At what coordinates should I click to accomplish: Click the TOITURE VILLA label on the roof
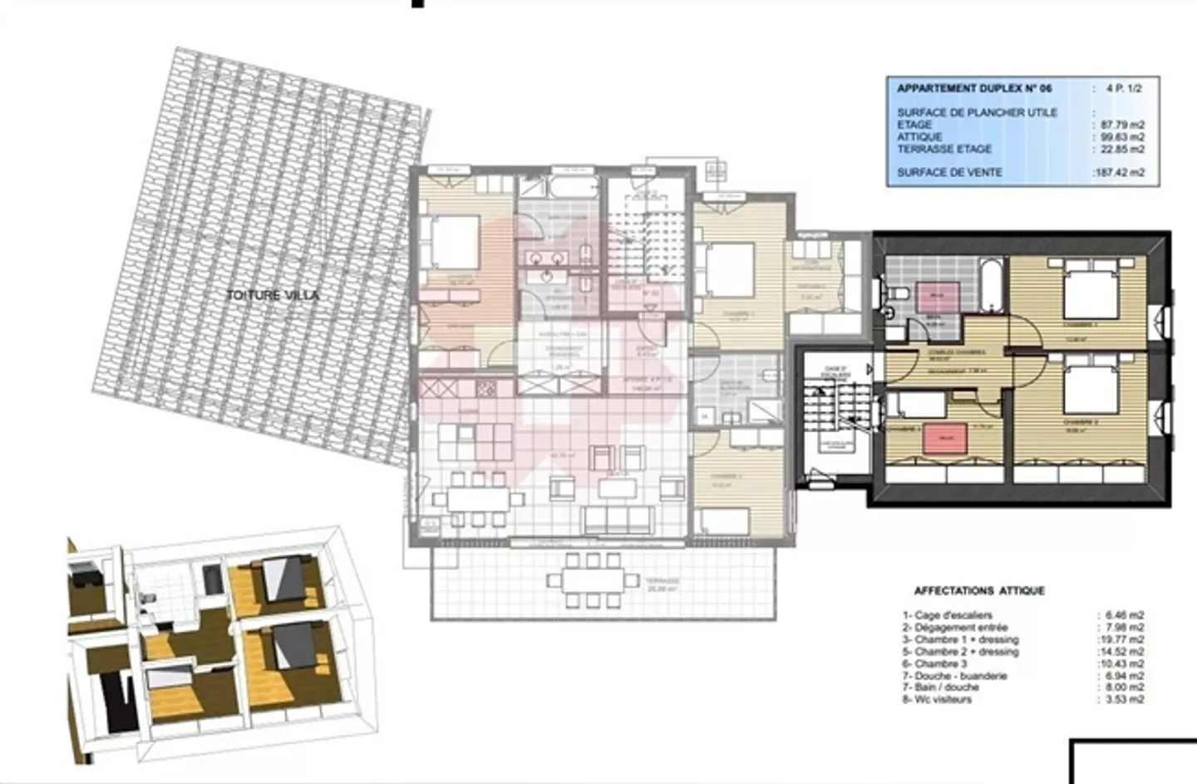273,295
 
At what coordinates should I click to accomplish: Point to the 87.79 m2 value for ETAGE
1122,125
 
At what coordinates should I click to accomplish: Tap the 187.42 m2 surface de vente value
1120,173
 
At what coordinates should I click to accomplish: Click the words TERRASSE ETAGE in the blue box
944,149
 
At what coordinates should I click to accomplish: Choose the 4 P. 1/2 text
1124,88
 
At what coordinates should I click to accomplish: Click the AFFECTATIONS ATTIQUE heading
979,591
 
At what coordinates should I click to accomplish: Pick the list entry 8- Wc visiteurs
937,699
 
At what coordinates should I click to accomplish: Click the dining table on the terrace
594,580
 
